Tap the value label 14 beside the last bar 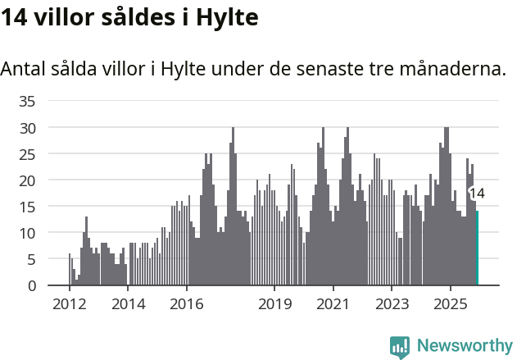click(477, 194)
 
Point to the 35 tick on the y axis click(28, 102)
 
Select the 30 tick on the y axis click(28, 128)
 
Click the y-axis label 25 click(28, 154)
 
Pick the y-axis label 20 click(28, 180)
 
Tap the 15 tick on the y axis click(28, 207)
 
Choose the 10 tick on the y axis click(28, 233)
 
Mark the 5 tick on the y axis click(32, 259)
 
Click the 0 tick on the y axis click(32, 285)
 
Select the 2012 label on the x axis click(69, 304)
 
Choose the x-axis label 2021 click(333, 304)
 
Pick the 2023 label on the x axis click(392, 304)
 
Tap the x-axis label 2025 click(450, 304)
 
